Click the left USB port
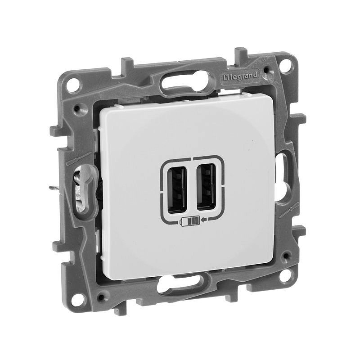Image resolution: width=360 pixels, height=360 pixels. (x=177, y=189)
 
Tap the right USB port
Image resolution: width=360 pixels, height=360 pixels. (x=206, y=187)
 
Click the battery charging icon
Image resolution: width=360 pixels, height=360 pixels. (x=189, y=222)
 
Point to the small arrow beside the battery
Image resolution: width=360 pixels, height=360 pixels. (x=204, y=220)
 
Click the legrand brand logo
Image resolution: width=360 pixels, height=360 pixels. (x=240, y=76)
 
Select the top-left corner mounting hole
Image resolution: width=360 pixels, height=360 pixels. (x=73, y=85)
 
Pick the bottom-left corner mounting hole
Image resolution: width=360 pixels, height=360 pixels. (x=78, y=300)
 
